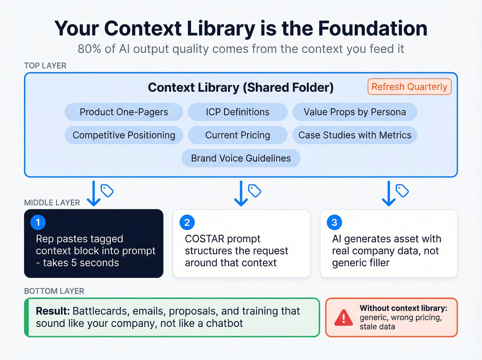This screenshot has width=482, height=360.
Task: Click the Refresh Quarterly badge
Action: [x=409, y=87]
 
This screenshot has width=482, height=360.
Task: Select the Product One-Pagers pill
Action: [x=124, y=112]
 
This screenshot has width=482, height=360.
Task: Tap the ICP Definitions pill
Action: [x=238, y=112]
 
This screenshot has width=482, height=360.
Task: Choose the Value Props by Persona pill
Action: [x=355, y=112]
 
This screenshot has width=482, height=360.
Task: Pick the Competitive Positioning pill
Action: [x=124, y=135]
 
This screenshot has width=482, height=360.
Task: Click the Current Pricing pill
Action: [x=238, y=135]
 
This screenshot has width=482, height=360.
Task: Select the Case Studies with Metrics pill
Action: [x=355, y=135]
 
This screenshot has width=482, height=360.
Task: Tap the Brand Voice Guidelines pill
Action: [x=241, y=158]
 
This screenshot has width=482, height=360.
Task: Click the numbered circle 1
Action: [x=38, y=223]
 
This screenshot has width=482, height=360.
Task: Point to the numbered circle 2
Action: [x=187, y=223]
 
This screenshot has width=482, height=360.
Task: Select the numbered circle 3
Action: [x=334, y=223]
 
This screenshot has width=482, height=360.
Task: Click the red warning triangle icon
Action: [x=344, y=318]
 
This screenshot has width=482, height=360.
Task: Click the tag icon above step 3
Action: [x=402, y=191]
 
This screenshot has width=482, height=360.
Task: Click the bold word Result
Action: [x=53, y=311]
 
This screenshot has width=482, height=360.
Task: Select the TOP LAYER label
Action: [x=45, y=65]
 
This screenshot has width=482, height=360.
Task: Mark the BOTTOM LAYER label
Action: [x=54, y=291]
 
